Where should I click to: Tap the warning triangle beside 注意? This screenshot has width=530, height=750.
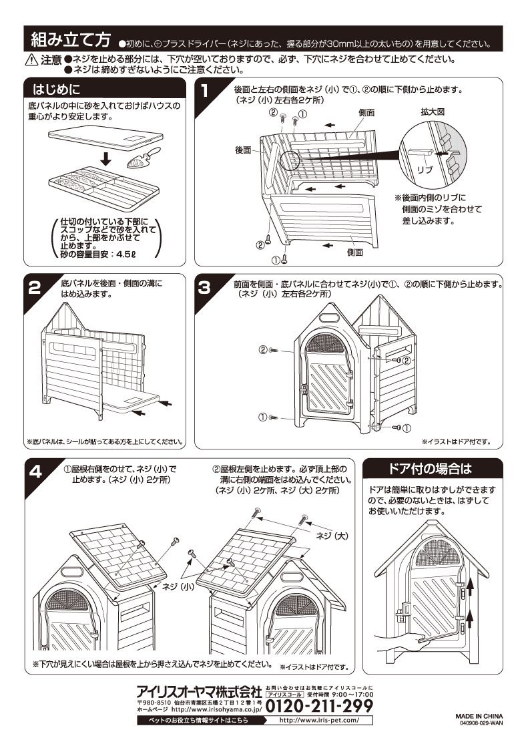31,60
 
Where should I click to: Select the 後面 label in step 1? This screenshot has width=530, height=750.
242,150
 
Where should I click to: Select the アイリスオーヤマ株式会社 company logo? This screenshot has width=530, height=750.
199,691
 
